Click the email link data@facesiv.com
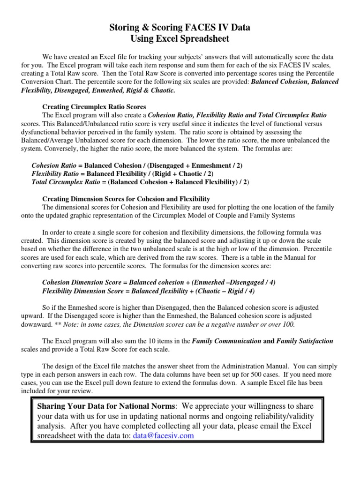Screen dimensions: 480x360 163,435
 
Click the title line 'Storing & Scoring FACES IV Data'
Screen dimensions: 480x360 180,28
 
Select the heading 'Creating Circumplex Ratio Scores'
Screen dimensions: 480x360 94,106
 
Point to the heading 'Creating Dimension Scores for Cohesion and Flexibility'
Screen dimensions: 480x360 126,199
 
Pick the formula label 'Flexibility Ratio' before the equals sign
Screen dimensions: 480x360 58,174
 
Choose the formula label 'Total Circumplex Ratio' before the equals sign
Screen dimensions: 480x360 66,182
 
